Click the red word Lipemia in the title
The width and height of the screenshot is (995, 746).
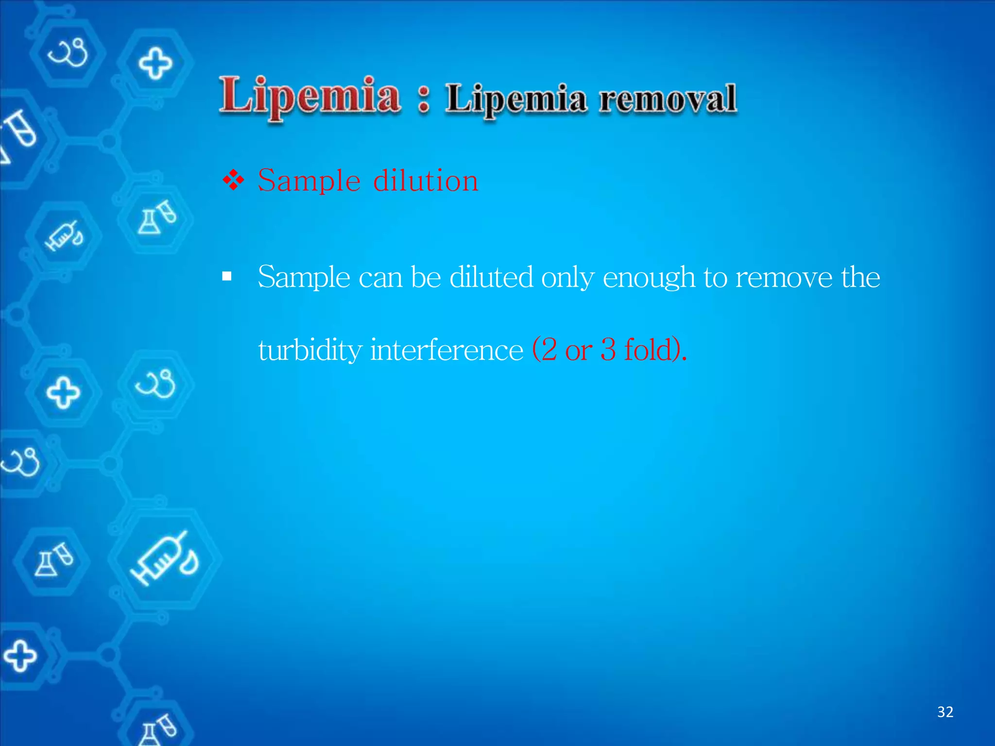309,96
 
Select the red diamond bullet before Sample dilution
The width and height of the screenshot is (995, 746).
233,181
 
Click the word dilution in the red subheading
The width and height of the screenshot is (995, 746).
426,181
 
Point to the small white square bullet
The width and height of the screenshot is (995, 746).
227,277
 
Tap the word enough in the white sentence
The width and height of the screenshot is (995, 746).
649,278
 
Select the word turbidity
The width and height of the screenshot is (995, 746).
310,350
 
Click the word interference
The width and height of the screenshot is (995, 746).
446,350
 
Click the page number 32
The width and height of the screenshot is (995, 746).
945,712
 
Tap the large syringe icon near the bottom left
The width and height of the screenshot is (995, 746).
164,559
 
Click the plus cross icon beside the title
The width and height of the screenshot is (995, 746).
155,63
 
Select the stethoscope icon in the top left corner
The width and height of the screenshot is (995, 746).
68,51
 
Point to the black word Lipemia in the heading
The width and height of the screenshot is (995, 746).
516,100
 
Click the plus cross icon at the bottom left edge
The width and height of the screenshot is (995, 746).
19,656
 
